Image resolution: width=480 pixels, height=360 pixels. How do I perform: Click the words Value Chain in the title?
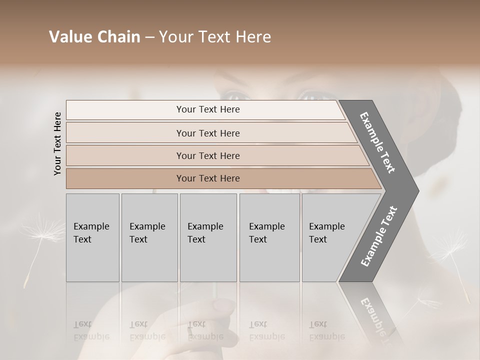(94, 37)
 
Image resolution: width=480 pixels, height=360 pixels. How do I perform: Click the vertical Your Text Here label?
(58, 143)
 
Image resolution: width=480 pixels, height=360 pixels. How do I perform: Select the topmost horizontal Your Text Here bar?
(207, 109)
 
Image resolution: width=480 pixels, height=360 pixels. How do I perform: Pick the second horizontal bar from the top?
(207, 133)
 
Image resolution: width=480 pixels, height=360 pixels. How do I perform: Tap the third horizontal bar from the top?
(207, 155)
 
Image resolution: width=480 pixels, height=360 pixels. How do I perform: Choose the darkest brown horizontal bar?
(207, 178)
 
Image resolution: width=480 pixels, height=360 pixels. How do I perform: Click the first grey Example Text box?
(92, 237)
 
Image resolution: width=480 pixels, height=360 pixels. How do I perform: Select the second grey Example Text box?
(149, 237)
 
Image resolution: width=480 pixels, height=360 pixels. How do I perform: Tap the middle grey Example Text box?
(208, 237)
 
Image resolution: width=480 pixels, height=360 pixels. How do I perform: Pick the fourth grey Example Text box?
(269, 237)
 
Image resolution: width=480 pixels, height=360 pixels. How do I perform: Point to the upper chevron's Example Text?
(378, 143)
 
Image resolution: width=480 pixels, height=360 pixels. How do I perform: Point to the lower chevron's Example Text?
(379, 236)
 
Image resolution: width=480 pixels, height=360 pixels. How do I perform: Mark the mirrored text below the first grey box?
(91, 330)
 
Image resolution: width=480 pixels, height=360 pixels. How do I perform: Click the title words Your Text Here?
(215, 37)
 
